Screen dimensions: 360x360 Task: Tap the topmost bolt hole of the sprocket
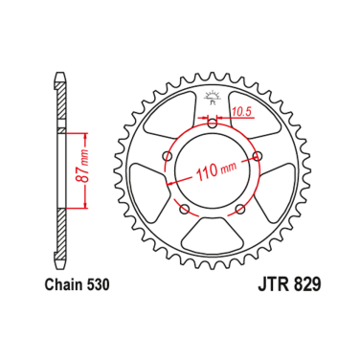(x=212, y=123)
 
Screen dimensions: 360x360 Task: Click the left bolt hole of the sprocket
(x=168, y=155)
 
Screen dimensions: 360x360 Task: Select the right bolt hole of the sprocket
(x=256, y=155)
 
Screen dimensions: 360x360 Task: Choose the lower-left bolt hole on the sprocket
(x=184, y=207)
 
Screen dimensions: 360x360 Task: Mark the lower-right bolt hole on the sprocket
(x=239, y=207)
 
